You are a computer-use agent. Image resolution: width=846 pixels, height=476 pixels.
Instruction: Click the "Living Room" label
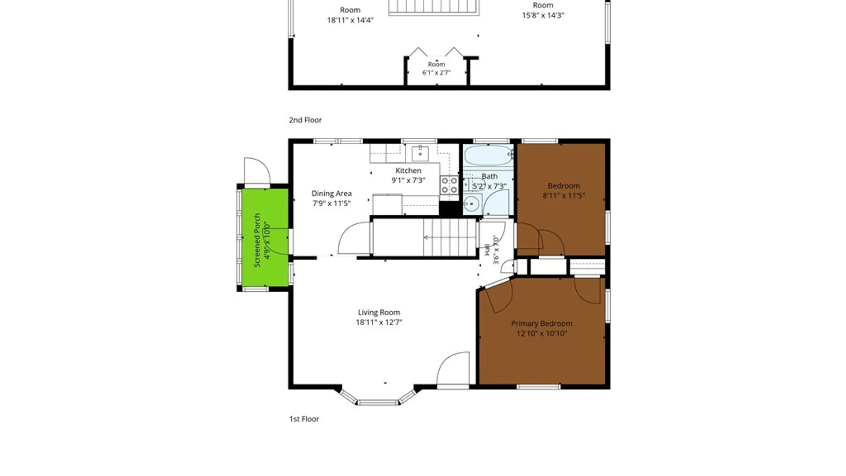tap(379, 312)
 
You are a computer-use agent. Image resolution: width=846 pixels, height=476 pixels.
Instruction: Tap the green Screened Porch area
tap(265, 238)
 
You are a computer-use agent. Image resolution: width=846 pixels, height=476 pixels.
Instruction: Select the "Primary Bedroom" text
tap(542, 324)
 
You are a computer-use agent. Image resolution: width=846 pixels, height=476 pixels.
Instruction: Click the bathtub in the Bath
tap(488, 155)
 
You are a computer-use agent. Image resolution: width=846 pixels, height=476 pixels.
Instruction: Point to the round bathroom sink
tap(471, 204)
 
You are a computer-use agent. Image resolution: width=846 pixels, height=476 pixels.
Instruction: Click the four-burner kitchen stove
tap(449, 185)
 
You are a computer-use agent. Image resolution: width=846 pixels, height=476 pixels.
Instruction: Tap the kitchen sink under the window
tap(420, 154)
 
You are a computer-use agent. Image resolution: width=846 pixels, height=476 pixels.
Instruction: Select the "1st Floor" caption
tap(304, 419)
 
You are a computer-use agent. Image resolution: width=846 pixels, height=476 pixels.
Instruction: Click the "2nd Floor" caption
tap(305, 120)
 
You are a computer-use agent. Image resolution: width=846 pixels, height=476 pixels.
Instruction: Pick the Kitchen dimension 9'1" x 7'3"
tap(408, 180)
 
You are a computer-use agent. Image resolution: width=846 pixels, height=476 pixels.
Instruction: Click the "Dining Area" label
tap(331, 193)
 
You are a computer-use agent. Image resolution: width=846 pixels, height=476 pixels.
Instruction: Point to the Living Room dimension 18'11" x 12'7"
tap(379, 322)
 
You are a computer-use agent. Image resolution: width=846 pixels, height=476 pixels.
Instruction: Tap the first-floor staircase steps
tap(449, 238)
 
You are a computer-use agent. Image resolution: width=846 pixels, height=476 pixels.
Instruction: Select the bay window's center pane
tap(378, 402)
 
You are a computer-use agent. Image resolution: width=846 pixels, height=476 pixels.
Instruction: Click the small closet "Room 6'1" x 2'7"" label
tap(437, 68)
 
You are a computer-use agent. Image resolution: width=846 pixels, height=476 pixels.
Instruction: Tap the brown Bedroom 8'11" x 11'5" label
tap(564, 191)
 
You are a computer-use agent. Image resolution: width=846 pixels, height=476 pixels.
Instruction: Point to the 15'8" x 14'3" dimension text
tap(543, 15)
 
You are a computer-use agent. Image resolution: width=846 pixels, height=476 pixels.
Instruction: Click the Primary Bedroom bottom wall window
tap(538, 387)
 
